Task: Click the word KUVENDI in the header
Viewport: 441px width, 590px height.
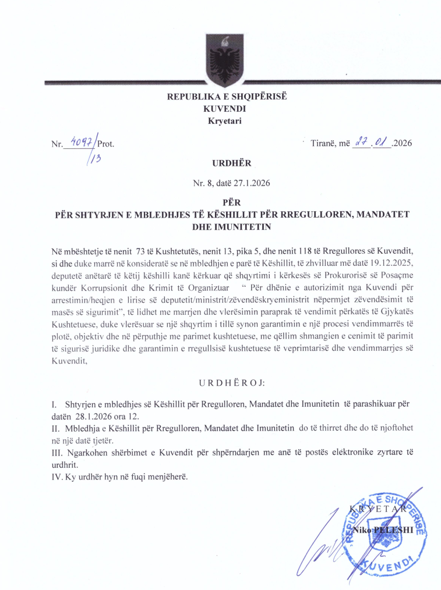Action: (225, 108)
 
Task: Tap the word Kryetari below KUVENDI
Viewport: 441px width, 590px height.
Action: (224, 120)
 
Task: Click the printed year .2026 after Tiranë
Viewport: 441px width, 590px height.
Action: (401, 143)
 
